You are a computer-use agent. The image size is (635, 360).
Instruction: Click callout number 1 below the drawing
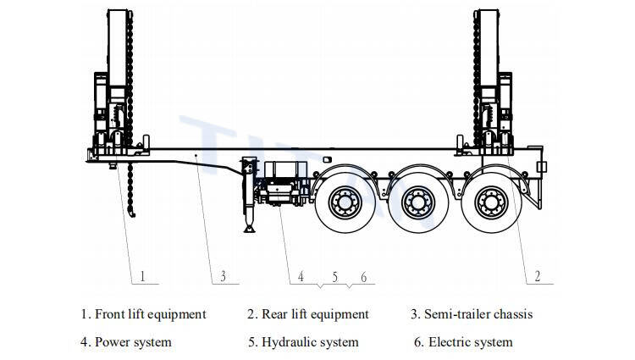tap(143, 276)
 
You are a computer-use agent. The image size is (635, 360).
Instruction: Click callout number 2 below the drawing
tap(537, 276)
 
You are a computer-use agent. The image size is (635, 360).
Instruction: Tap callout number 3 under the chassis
tap(223, 276)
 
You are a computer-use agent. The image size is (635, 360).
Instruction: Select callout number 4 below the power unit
tap(300, 276)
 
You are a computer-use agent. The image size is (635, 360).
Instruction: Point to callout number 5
tap(334, 276)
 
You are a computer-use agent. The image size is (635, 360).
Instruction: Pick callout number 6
tap(362, 276)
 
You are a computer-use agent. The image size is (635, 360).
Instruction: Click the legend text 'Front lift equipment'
tap(150, 314)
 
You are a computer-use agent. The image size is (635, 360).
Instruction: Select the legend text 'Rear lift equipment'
tap(315, 314)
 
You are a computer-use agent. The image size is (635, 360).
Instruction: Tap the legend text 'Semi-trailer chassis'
tap(479, 314)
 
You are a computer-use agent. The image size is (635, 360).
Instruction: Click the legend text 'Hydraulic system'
tap(310, 342)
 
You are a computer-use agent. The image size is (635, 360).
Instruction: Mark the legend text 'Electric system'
tap(470, 342)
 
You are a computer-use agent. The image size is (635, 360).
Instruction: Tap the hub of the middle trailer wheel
tap(417, 203)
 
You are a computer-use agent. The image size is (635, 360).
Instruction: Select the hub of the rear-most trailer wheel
tap(490, 203)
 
